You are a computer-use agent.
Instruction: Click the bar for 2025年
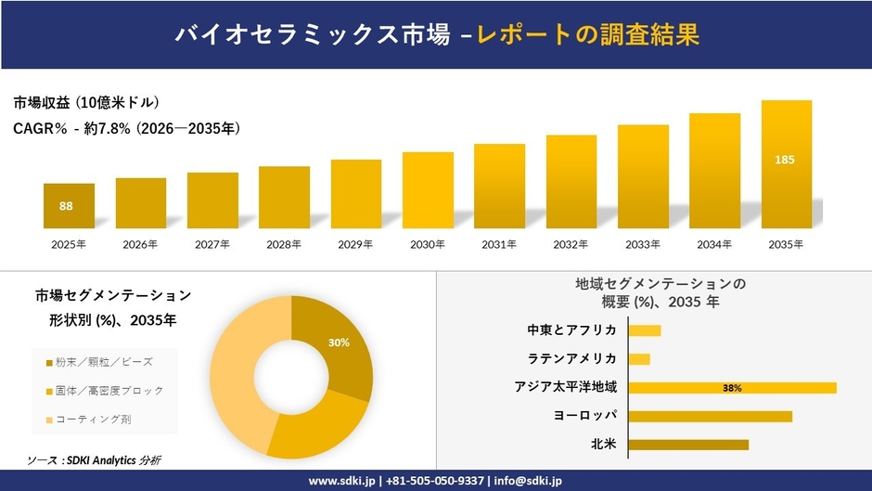pyautogui.click(x=69, y=206)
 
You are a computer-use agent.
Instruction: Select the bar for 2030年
pyautogui.click(x=428, y=190)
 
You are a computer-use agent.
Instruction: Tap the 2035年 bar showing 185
pyautogui.click(x=786, y=164)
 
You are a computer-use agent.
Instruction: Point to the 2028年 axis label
pyautogui.click(x=284, y=244)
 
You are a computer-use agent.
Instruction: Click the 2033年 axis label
pyautogui.click(x=643, y=244)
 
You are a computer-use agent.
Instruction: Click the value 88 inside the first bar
pyautogui.click(x=66, y=206)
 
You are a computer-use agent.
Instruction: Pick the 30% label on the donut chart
pyautogui.click(x=339, y=342)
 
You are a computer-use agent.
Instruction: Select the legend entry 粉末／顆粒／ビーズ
pyautogui.click(x=104, y=361)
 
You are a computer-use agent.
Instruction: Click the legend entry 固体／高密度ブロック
pyautogui.click(x=109, y=391)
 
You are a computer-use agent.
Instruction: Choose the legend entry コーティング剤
pyautogui.click(x=94, y=420)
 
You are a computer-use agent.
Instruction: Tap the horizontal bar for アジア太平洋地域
pyautogui.click(x=732, y=388)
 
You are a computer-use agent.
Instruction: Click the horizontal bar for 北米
pyautogui.click(x=688, y=445)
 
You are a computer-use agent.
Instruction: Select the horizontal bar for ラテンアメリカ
pyautogui.click(x=639, y=359)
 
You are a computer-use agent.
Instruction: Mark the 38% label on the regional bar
pyautogui.click(x=732, y=388)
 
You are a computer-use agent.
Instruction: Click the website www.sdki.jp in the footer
pyautogui.click(x=340, y=481)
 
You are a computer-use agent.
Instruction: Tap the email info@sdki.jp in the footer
pyautogui.click(x=526, y=481)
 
